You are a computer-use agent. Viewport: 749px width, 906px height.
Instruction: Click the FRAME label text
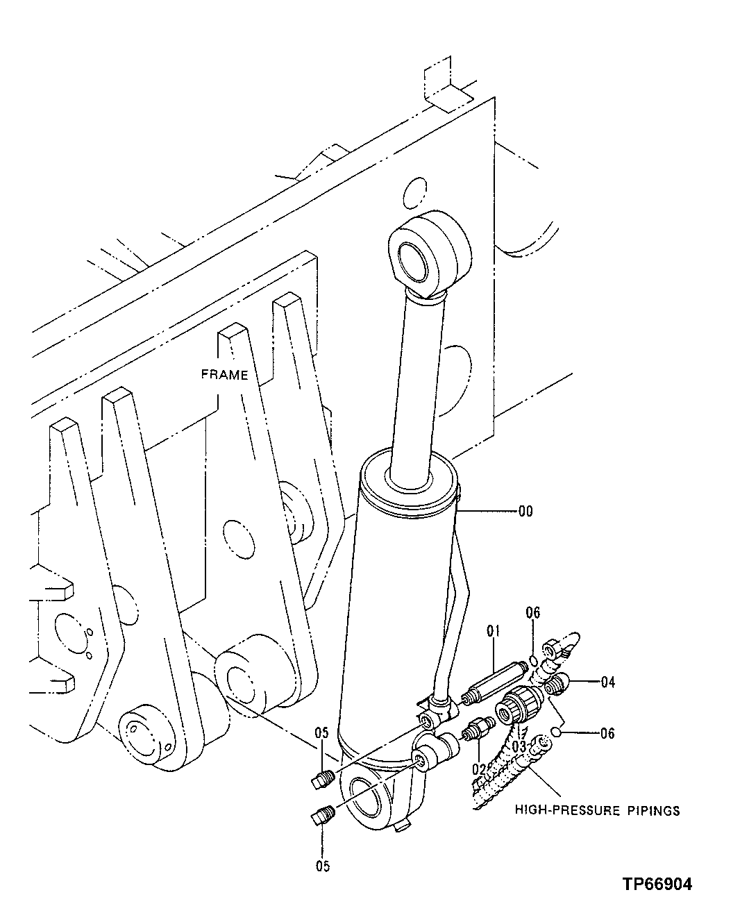(224, 375)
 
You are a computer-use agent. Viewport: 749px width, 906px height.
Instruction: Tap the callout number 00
(525, 512)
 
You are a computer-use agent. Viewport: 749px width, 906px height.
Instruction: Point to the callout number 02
(478, 769)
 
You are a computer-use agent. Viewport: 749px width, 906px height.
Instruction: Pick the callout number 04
(607, 682)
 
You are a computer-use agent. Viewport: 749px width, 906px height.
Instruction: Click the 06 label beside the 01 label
(532, 612)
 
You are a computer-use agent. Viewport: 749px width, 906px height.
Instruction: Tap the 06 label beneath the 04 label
(607, 734)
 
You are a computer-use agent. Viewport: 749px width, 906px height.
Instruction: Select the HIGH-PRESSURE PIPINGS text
(597, 810)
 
